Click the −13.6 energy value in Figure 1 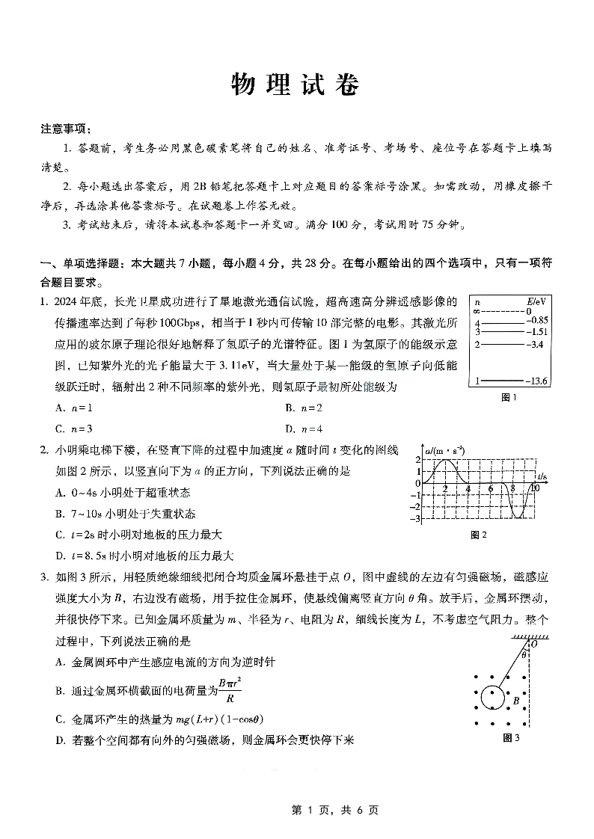click(x=537, y=381)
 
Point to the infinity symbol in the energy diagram click(x=476, y=311)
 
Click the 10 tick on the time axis click(x=535, y=488)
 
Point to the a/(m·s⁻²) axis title click(x=444, y=451)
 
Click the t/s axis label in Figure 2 click(x=542, y=476)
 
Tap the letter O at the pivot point click(x=533, y=643)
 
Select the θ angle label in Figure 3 click(x=524, y=654)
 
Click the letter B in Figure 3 click(x=516, y=701)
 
